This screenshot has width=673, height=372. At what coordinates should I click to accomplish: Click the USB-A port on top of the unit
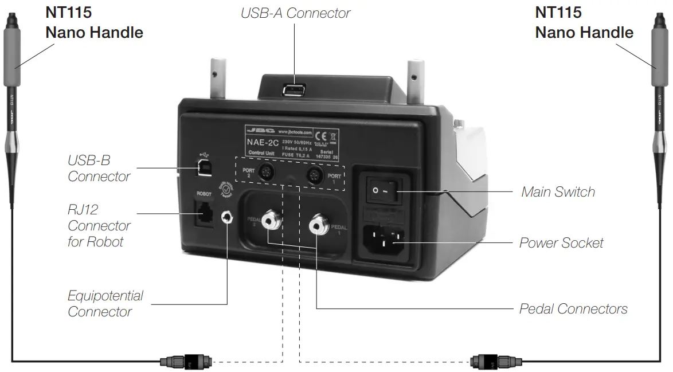pyautogui.click(x=295, y=90)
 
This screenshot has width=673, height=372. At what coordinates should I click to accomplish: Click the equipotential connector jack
pyautogui.click(x=229, y=218)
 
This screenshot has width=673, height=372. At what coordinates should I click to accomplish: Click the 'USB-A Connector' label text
pyautogui.click(x=295, y=13)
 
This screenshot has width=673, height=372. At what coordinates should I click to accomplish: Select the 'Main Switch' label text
pyautogui.click(x=558, y=192)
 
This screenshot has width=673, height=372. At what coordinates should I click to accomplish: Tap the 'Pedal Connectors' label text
pyautogui.click(x=573, y=309)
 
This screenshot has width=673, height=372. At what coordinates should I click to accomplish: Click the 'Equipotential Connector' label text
pyautogui.click(x=105, y=304)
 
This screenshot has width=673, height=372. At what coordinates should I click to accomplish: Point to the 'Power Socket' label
pyautogui.click(x=561, y=243)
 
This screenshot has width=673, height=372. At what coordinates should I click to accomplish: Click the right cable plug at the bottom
pyautogui.click(x=491, y=362)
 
